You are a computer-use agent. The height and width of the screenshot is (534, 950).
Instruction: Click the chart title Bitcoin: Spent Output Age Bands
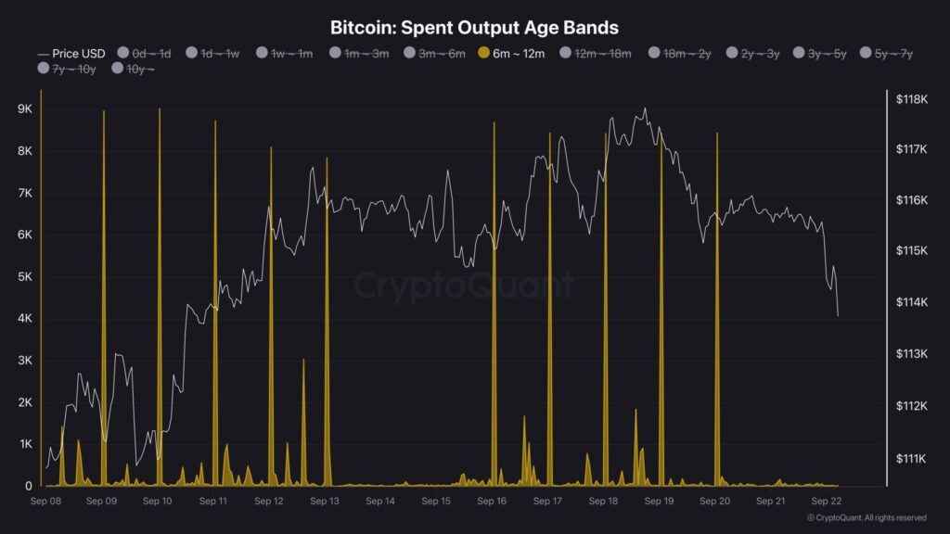474,28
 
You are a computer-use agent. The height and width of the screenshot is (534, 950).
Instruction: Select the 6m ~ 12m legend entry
512,54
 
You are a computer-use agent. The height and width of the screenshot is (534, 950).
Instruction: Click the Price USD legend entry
72,54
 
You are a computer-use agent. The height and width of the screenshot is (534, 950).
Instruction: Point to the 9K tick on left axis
25,109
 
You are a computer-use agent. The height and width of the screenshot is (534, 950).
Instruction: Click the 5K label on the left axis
25,277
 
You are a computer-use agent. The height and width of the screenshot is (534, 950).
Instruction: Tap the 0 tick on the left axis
29,486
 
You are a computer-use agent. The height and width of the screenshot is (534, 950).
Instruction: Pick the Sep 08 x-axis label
45,502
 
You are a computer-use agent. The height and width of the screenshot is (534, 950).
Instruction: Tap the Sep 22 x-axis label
827,502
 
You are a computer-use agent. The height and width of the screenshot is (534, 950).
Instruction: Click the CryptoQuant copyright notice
867,518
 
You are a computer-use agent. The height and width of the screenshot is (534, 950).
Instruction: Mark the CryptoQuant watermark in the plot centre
464,286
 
